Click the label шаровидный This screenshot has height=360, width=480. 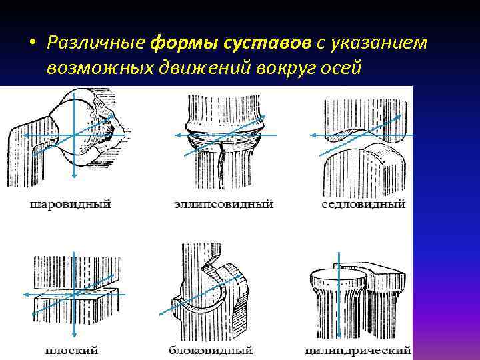point(69,205)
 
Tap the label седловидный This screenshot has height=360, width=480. point(363,205)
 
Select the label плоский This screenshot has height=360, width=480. point(71,349)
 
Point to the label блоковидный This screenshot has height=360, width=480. point(210,349)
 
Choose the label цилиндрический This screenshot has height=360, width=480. point(357,349)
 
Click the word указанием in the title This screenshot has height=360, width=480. point(377,43)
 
